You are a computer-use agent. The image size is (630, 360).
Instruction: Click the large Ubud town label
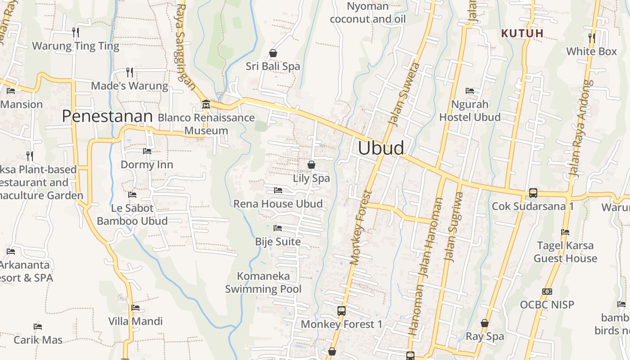click(x=381, y=148)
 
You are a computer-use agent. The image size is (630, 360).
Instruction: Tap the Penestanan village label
click(x=107, y=116)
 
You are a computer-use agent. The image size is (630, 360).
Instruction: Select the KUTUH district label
click(x=522, y=33)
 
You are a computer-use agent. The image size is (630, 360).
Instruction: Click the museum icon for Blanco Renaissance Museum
click(x=206, y=104)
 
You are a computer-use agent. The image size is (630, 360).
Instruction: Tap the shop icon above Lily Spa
click(x=311, y=165)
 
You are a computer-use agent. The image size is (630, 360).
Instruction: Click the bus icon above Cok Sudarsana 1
click(x=533, y=193)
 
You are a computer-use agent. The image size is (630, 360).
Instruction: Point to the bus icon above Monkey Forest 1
click(x=342, y=310)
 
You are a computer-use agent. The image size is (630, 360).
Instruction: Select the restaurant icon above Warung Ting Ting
click(x=76, y=32)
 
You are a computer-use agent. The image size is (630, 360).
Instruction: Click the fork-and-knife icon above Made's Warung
click(x=130, y=72)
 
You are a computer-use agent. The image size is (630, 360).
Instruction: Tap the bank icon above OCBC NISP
click(x=547, y=291)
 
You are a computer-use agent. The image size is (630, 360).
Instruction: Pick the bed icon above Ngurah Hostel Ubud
click(x=470, y=90)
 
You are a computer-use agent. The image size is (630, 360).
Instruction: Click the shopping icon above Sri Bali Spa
click(x=273, y=53)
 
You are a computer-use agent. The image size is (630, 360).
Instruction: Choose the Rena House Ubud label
click(x=278, y=204)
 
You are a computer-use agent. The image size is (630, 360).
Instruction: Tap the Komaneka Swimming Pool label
click(x=263, y=282)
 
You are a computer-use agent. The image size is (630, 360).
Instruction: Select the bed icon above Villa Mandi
click(x=135, y=308)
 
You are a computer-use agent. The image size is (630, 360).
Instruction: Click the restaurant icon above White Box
click(x=592, y=38)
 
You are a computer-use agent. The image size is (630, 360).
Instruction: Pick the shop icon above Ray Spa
click(x=485, y=323)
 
